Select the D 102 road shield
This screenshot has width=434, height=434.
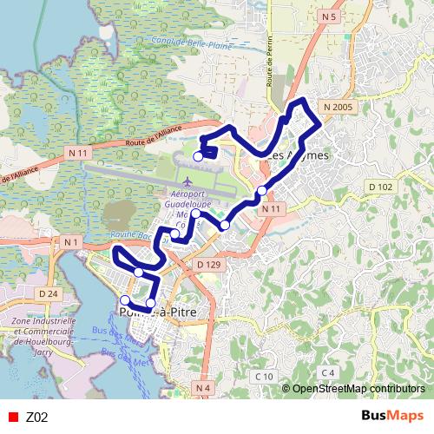coord(379,187)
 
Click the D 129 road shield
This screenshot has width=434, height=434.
coord(207,263)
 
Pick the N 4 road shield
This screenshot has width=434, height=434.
coord(202,386)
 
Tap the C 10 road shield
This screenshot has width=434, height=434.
coord(263,375)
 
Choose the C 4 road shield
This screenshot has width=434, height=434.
coord(326,372)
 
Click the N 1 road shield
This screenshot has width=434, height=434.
coord(70,240)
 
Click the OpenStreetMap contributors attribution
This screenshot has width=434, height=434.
coord(358,389)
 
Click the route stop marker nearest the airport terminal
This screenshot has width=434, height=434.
coord(198,156)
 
